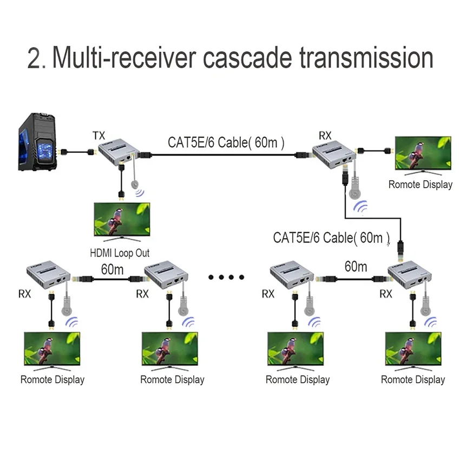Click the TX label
[x=98, y=135]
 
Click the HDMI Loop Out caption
[x=120, y=253]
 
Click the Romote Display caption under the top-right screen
[x=420, y=185]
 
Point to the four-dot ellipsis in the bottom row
[x=226, y=278]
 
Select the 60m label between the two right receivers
[x=356, y=266]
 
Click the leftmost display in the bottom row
[x=52, y=350]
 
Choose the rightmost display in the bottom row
[x=412, y=350]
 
